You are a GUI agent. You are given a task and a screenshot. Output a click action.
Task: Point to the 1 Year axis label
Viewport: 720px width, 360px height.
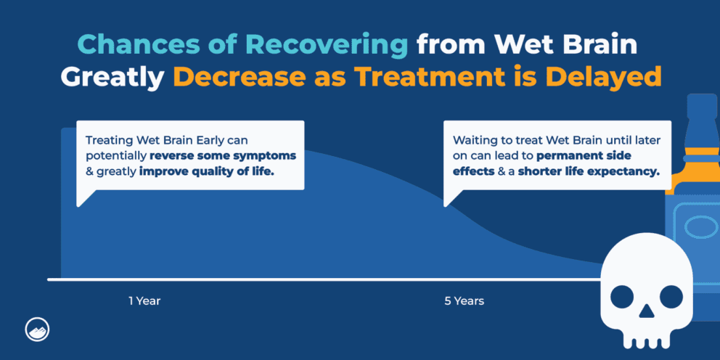(144, 300)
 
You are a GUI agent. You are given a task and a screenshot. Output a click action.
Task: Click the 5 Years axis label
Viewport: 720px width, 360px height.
(465, 300)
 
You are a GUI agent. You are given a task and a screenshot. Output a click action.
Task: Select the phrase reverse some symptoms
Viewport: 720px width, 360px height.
(223, 155)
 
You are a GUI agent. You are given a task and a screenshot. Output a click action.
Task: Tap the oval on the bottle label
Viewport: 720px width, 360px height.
(698, 228)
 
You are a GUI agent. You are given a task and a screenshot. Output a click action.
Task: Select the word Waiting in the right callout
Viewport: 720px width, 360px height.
(474, 139)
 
